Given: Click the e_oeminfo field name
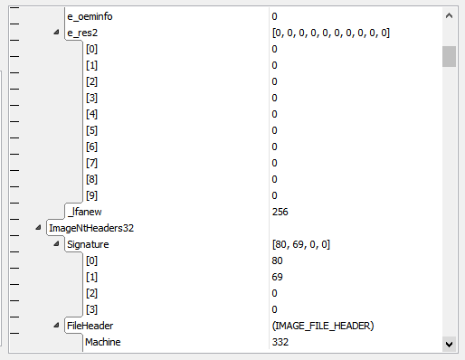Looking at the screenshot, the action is pyautogui.click(x=90, y=16).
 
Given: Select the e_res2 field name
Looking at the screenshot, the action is pyautogui.click(x=82, y=33).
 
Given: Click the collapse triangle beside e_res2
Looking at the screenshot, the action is pyautogui.click(x=56, y=32).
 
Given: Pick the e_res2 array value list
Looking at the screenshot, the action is pyautogui.click(x=331, y=33).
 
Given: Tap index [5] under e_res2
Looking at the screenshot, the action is pyautogui.click(x=91, y=130).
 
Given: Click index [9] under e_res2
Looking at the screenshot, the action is pyautogui.click(x=91, y=195).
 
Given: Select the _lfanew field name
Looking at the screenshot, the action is pyautogui.click(x=84, y=212).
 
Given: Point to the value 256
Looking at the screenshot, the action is pyautogui.click(x=280, y=212).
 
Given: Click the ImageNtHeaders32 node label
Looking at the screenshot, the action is pyautogui.click(x=91, y=228).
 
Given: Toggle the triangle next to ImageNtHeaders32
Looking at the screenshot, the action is pyautogui.click(x=38, y=227).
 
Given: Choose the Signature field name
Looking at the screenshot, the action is pyautogui.click(x=88, y=244).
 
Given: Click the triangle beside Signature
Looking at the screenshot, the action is pyautogui.click(x=56, y=243).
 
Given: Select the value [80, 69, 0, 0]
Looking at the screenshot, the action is pyautogui.click(x=301, y=244).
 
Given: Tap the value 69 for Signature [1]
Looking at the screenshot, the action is pyautogui.click(x=277, y=277).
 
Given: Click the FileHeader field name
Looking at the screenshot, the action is pyautogui.click(x=90, y=326).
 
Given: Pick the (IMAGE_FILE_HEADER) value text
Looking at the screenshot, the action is pyautogui.click(x=323, y=326).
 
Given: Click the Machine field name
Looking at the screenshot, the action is pyautogui.click(x=103, y=342).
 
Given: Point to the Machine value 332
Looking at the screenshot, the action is pyautogui.click(x=280, y=342).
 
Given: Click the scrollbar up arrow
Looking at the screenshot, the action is pyautogui.click(x=449, y=15).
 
